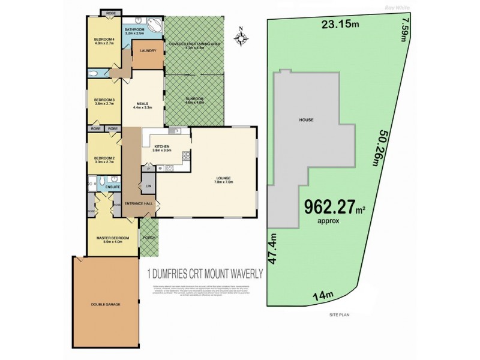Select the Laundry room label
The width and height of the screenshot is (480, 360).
pyautogui.click(x=148, y=51)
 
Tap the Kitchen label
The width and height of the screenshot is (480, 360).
pyautogui.click(x=162, y=146)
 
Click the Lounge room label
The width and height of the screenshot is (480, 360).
pyautogui.click(x=224, y=179)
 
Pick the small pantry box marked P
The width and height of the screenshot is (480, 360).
pyautogui.click(x=148, y=169)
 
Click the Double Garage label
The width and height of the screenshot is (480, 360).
pyautogui.click(x=107, y=305)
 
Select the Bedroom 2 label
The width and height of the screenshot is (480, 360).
pyautogui.click(x=104, y=160)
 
